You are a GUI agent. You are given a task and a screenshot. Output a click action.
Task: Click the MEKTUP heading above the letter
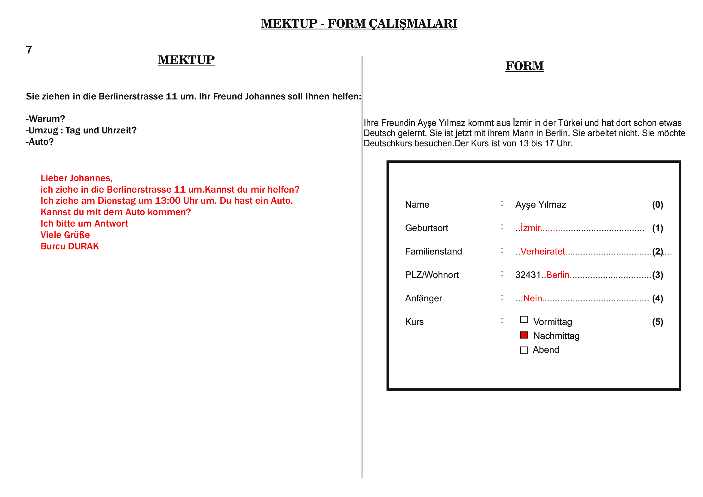click(x=186, y=60)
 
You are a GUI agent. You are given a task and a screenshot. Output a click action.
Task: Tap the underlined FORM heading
click(x=524, y=66)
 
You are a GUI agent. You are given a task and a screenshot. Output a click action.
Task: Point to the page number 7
click(x=29, y=50)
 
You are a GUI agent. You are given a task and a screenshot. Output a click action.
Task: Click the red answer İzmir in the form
click(x=530, y=228)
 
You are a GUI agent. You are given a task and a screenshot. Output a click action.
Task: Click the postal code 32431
click(x=528, y=275)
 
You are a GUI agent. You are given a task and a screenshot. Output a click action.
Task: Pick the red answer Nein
click(x=533, y=298)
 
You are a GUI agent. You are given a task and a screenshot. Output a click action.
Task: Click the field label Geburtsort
click(x=426, y=228)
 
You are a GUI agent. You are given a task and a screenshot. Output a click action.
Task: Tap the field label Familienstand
click(x=433, y=251)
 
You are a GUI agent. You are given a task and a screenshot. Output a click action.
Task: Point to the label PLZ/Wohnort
click(x=432, y=275)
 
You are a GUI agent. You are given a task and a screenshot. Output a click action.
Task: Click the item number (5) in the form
click(x=657, y=322)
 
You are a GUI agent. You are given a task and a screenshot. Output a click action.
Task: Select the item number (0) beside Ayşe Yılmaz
click(x=657, y=204)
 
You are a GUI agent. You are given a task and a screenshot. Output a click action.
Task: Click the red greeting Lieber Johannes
click(x=77, y=178)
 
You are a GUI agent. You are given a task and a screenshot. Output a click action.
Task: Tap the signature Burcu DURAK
click(x=70, y=246)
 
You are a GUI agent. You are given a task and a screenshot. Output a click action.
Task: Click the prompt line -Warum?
click(x=45, y=119)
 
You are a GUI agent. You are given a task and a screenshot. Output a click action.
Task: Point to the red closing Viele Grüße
click(x=65, y=235)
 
